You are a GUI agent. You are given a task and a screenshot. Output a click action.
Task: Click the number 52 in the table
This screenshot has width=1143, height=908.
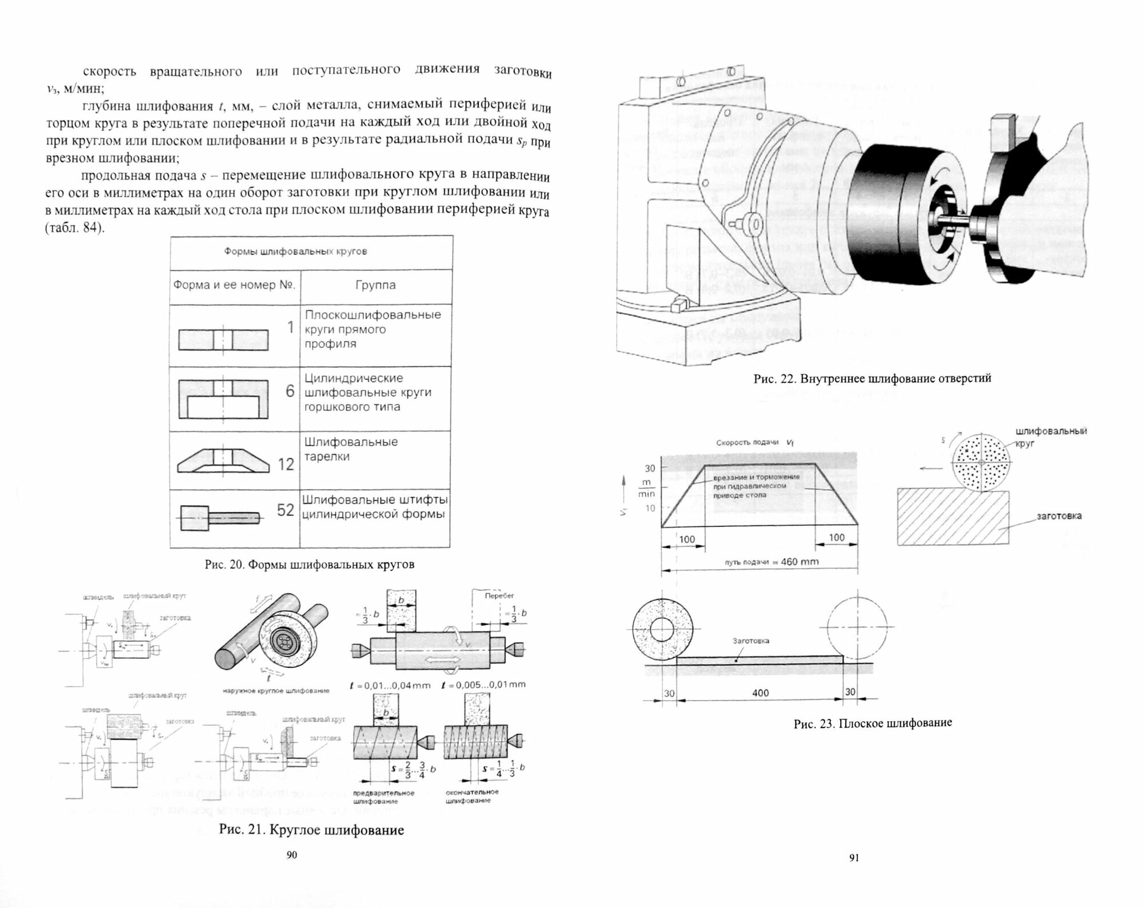pyautogui.click(x=285, y=510)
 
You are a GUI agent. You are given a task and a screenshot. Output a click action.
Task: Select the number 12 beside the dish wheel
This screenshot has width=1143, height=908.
pyautogui.click(x=286, y=464)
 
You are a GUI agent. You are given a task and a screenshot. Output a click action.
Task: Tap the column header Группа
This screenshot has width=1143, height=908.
pyautogui.click(x=375, y=285)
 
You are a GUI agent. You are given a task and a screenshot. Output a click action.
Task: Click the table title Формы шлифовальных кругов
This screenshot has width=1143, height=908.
pyautogui.click(x=295, y=251)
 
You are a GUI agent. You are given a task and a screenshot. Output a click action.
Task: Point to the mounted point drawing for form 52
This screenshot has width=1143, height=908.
pyautogui.click(x=219, y=518)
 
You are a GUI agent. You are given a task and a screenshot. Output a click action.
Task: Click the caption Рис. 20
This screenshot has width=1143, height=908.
pyautogui.click(x=309, y=565)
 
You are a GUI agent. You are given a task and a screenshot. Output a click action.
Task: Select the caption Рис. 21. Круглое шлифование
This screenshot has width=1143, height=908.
pyautogui.click(x=311, y=830)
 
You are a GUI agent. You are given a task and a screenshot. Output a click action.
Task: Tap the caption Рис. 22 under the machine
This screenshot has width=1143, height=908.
pyautogui.click(x=872, y=378)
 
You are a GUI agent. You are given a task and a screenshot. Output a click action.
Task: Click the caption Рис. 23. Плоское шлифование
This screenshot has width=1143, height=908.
pyautogui.click(x=873, y=723)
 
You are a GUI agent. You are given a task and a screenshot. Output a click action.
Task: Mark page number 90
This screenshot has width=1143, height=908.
pyautogui.click(x=291, y=855)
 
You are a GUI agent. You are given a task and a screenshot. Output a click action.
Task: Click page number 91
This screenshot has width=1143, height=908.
pyautogui.click(x=854, y=857)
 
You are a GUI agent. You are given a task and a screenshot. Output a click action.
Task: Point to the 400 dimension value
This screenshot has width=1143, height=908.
pyautogui.click(x=760, y=693)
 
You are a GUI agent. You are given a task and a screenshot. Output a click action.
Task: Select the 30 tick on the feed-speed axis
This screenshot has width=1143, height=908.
pyautogui.click(x=650, y=469)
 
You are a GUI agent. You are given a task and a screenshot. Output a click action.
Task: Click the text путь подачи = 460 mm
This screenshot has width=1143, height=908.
pyautogui.click(x=772, y=562)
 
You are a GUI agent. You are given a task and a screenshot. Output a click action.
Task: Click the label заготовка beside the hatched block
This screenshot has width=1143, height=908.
pyautogui.click(x=1059, y=516)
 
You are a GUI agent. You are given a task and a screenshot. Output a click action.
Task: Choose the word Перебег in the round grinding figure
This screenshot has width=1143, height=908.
pyautogui.click(x=499, y=595)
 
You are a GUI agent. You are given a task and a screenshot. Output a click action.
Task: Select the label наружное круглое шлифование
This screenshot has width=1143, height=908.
pyautogui.click(x=276, y=691)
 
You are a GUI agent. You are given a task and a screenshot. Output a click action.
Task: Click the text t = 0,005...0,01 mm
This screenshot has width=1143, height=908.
pyautogui.click(x=483, y=685)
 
